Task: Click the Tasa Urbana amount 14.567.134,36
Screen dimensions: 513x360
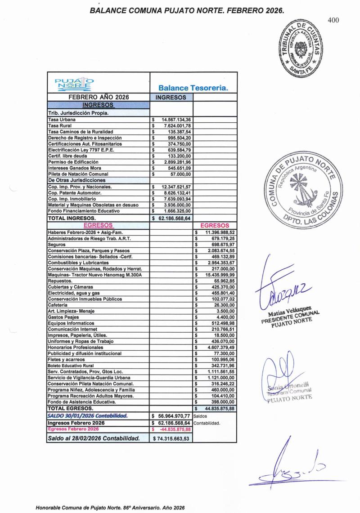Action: coord(176,120)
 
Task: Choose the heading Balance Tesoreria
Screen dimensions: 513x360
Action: coord(193,89)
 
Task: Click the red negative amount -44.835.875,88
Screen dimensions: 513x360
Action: coord(175,429)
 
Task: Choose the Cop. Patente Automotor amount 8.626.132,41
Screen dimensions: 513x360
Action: coord(176,193)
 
